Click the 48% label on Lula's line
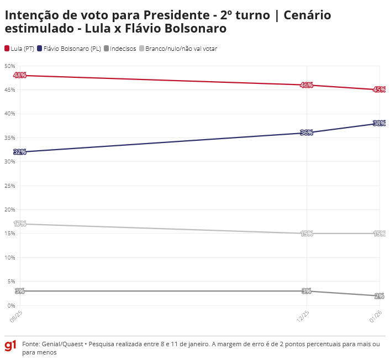click(x=20, y=75)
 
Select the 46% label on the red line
click(x=307, y=85)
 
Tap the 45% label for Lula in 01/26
click(x=379, y=89)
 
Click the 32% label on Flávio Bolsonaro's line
click(x=20, y=152)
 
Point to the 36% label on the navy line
click(x=307, y=133)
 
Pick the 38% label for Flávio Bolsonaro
click(x=379, y=123)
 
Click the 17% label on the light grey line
click(x=20, y=224)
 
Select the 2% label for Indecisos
click(x=380, y=296)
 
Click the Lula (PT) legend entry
click(x=19, y=49)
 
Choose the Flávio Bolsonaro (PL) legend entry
click(x=68, y=49)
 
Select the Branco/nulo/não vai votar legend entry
click(x=177, y=49)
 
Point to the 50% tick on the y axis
click(x=10, y=66)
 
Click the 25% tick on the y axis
click(x=10, y=186)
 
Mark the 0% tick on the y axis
click(x=11, y=305)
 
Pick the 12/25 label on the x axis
click(x=303, y=317)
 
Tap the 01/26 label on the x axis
click(x=376, y=317)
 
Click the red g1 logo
click(x=10, y=346)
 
